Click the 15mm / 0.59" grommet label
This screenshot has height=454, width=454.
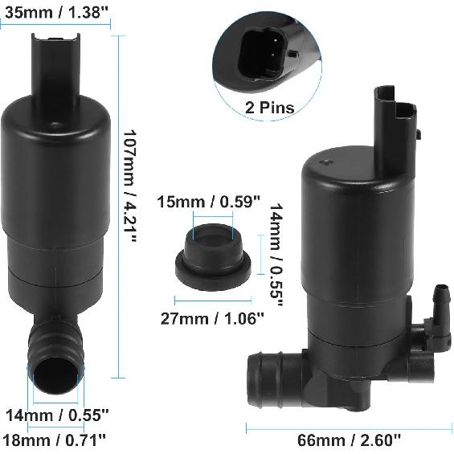pyautogui.click(x=207, y=201)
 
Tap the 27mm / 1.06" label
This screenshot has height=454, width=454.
pyautogui.click(x=211, y=318)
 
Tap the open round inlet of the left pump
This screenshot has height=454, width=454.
pyautogui.click(x=56, y=374)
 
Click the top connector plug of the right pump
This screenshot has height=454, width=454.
pyautogui.click(x=396, y=120)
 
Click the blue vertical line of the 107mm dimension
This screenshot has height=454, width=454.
pyautogui.click(x=119, y=201)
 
